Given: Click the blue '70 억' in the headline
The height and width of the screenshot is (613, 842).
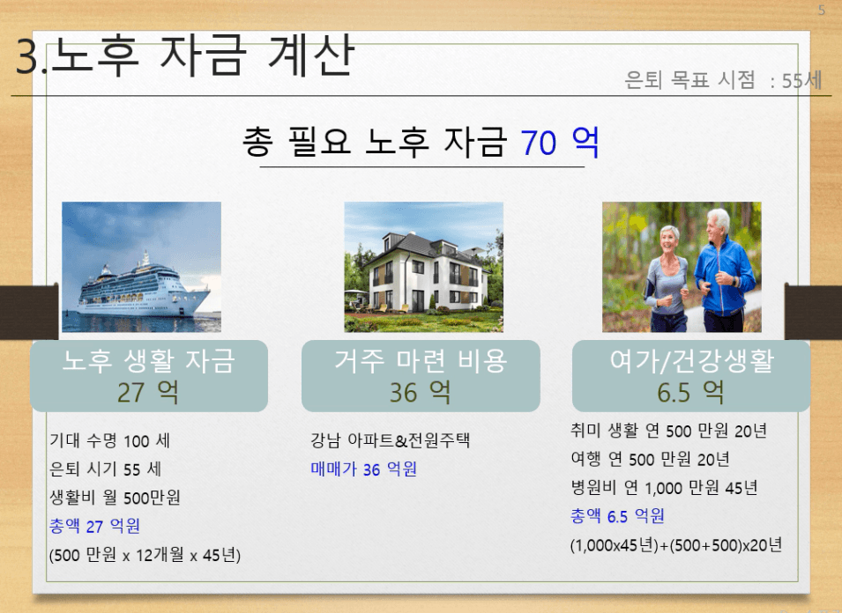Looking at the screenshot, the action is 560,142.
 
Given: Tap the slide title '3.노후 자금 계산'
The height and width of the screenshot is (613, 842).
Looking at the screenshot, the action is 185,55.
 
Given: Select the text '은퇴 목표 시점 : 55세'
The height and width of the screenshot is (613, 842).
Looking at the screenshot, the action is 723,80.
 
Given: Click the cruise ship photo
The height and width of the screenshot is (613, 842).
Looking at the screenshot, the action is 141,267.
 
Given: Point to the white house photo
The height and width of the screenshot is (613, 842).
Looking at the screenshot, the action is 424,267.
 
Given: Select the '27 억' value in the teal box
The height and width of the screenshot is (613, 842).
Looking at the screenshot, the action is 147,392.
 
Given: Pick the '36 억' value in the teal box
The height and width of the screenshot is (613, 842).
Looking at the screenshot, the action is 420,392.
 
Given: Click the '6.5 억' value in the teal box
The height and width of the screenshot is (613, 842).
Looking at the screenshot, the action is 690,392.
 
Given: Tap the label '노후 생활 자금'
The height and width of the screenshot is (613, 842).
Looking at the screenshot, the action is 148,360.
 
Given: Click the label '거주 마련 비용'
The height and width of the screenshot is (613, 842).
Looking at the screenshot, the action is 421,360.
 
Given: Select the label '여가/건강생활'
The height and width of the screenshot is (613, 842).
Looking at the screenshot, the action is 691,360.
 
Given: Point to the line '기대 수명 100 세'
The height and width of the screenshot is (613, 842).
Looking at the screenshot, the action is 109,441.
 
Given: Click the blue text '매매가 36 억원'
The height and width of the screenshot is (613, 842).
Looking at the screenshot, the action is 363,469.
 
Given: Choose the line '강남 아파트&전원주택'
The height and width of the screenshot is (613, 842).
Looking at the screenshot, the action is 390,440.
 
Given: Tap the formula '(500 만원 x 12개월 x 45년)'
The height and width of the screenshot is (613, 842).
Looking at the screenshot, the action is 145,555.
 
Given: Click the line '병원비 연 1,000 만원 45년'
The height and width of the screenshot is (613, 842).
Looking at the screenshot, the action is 664,488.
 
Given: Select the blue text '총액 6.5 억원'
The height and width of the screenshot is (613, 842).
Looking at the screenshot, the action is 617,516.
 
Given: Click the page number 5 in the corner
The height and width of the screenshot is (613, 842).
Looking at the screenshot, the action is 821,11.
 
